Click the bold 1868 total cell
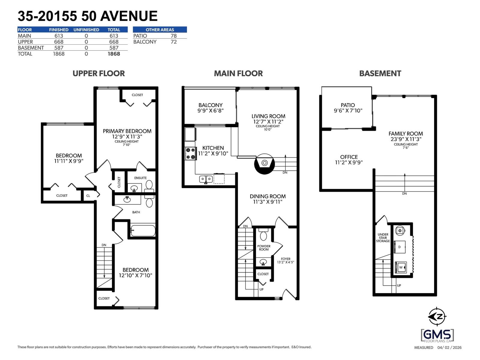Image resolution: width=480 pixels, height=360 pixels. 114,54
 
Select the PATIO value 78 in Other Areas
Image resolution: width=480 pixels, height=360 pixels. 173,36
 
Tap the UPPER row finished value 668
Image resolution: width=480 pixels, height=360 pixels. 58,42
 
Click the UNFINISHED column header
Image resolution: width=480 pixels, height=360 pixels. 86,30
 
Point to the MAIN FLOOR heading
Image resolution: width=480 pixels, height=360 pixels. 238,73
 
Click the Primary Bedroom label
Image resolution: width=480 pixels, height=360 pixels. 127,131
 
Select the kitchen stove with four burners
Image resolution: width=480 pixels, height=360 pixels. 190,153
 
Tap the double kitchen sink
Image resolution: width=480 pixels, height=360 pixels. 206,179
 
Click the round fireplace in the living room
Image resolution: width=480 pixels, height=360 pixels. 264,163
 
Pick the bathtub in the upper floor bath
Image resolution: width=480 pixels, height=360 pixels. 143,231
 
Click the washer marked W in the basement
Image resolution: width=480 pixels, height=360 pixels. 401,267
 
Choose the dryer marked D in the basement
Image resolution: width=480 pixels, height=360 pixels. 400,247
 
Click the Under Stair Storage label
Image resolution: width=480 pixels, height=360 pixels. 383,238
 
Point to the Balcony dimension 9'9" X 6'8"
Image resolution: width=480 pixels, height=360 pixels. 210,111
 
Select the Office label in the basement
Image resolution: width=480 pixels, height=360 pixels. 349,157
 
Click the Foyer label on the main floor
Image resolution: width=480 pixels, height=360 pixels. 285,259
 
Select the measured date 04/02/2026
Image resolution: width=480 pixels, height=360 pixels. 449,347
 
